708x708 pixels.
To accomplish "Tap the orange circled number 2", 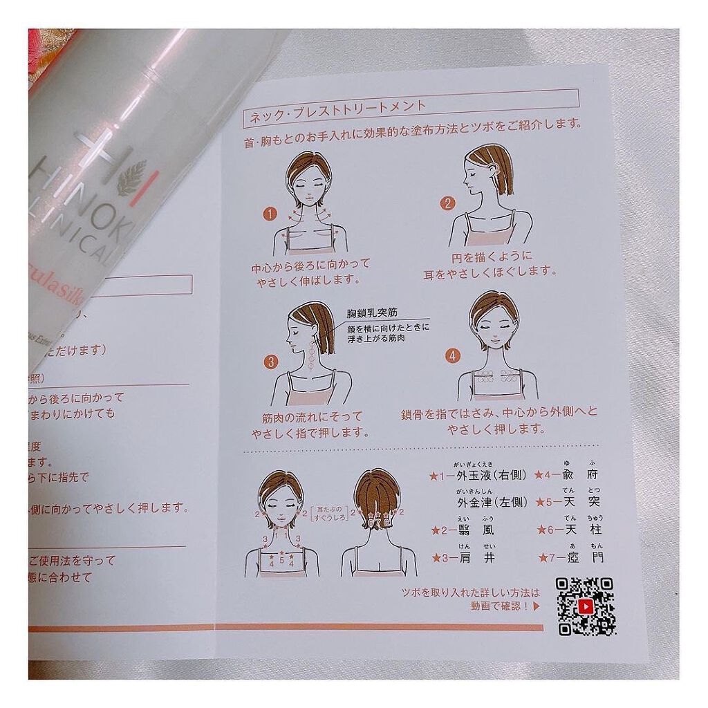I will [448, 203].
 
